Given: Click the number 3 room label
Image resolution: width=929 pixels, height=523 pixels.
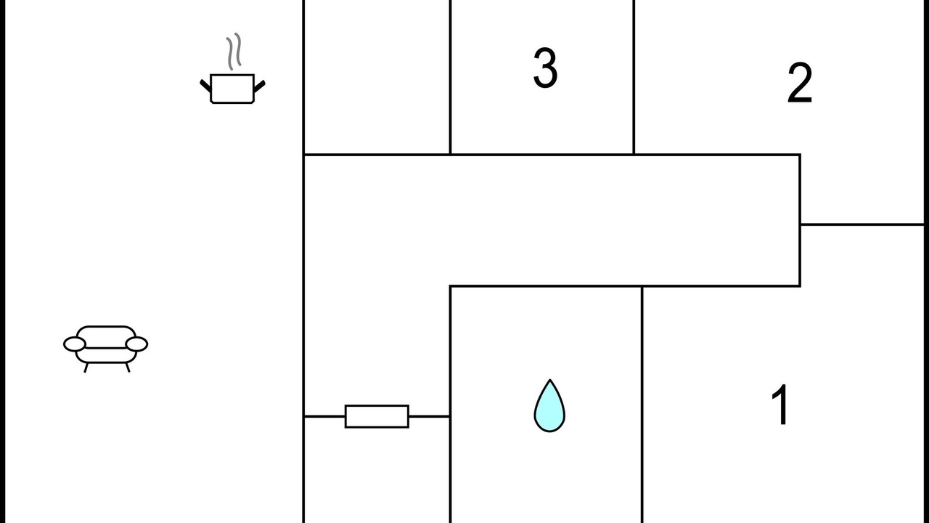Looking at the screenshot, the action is point(545,68).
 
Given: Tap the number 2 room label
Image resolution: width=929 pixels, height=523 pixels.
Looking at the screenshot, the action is point(800,83).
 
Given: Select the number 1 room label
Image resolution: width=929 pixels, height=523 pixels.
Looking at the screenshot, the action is point(779,405).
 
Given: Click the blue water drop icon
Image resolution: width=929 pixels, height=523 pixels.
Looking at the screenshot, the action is point(549,406).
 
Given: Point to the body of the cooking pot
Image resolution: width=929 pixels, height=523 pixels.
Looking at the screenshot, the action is point(232,89).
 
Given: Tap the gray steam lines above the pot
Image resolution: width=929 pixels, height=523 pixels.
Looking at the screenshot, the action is point(234,52).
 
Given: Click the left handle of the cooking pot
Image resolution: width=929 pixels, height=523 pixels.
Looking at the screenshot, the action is point(205,86).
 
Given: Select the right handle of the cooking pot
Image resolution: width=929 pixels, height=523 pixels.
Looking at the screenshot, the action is point(260,86).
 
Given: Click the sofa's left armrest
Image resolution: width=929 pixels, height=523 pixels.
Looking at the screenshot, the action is point(75,344).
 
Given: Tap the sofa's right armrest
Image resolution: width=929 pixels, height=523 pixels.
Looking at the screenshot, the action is point(136,344).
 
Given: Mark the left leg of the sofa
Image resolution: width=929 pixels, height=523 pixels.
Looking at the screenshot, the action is point(86,368).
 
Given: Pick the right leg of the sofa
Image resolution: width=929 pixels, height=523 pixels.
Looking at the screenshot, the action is point(128,368).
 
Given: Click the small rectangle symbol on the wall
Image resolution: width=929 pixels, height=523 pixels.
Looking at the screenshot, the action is point(377,416).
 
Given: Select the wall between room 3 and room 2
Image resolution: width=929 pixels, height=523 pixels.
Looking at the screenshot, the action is point(634,77).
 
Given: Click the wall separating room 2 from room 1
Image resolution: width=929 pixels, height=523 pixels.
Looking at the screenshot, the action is point(862,224).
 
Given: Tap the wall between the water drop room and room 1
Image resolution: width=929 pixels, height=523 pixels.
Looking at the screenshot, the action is point(642,405).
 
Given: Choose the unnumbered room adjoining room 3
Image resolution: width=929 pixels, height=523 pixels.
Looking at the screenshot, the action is point(377,77).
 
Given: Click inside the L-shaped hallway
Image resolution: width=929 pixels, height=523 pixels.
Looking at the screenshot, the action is point(552,220).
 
